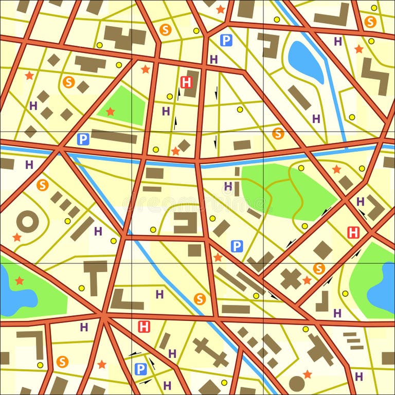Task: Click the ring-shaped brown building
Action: [27, 222]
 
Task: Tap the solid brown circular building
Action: [296, 383]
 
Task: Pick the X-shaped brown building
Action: [291, 279]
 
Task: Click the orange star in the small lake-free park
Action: [110, 111]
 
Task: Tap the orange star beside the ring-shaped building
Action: [17, 237]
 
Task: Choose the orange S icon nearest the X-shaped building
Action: [319, 268]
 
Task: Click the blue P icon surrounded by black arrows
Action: [140, 368]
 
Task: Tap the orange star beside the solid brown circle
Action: [307, 374]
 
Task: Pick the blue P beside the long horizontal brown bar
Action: [83, 139]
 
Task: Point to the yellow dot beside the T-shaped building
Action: [81, 288]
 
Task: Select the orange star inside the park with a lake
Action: [20, 280]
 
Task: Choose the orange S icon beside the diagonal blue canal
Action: [200, 298]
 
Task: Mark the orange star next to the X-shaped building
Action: [307, 280]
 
